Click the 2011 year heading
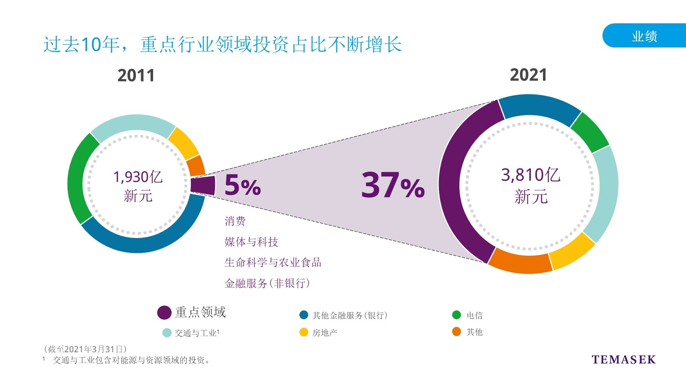[136, 76]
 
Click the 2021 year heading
[528, 75]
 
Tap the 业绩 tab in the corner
[644, 36]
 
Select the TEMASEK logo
[623, 359]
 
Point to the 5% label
[242, 185]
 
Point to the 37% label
[393, 185]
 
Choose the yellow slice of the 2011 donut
[183, 143]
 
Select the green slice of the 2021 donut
[589, 132]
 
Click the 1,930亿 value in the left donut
[138, 177]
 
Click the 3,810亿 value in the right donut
[530, 175]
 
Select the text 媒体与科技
[251, 242]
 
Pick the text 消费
[235, 221]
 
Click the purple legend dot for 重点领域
[164, 312]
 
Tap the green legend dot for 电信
[456, 315]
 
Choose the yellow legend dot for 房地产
[304, 332]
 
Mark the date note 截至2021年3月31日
[86, 349]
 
